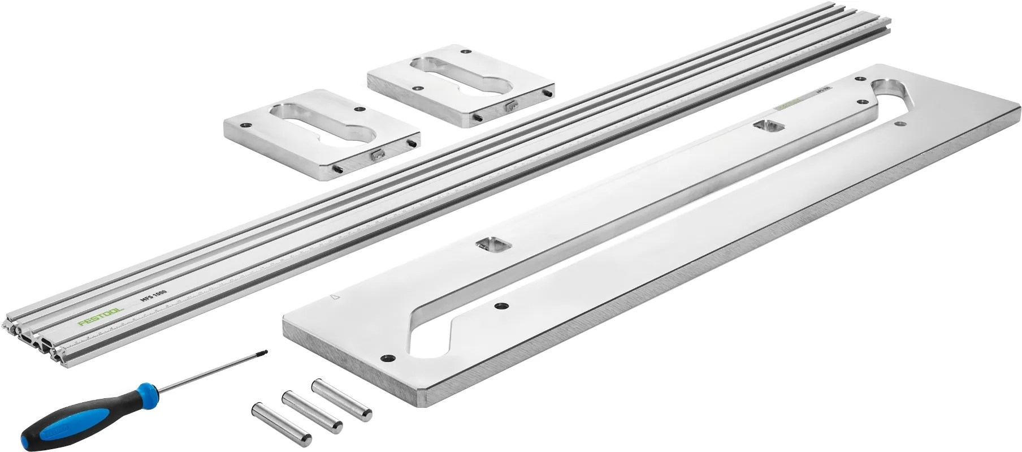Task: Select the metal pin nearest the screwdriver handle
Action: coord(280,421)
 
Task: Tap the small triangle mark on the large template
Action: coord(334,296)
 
